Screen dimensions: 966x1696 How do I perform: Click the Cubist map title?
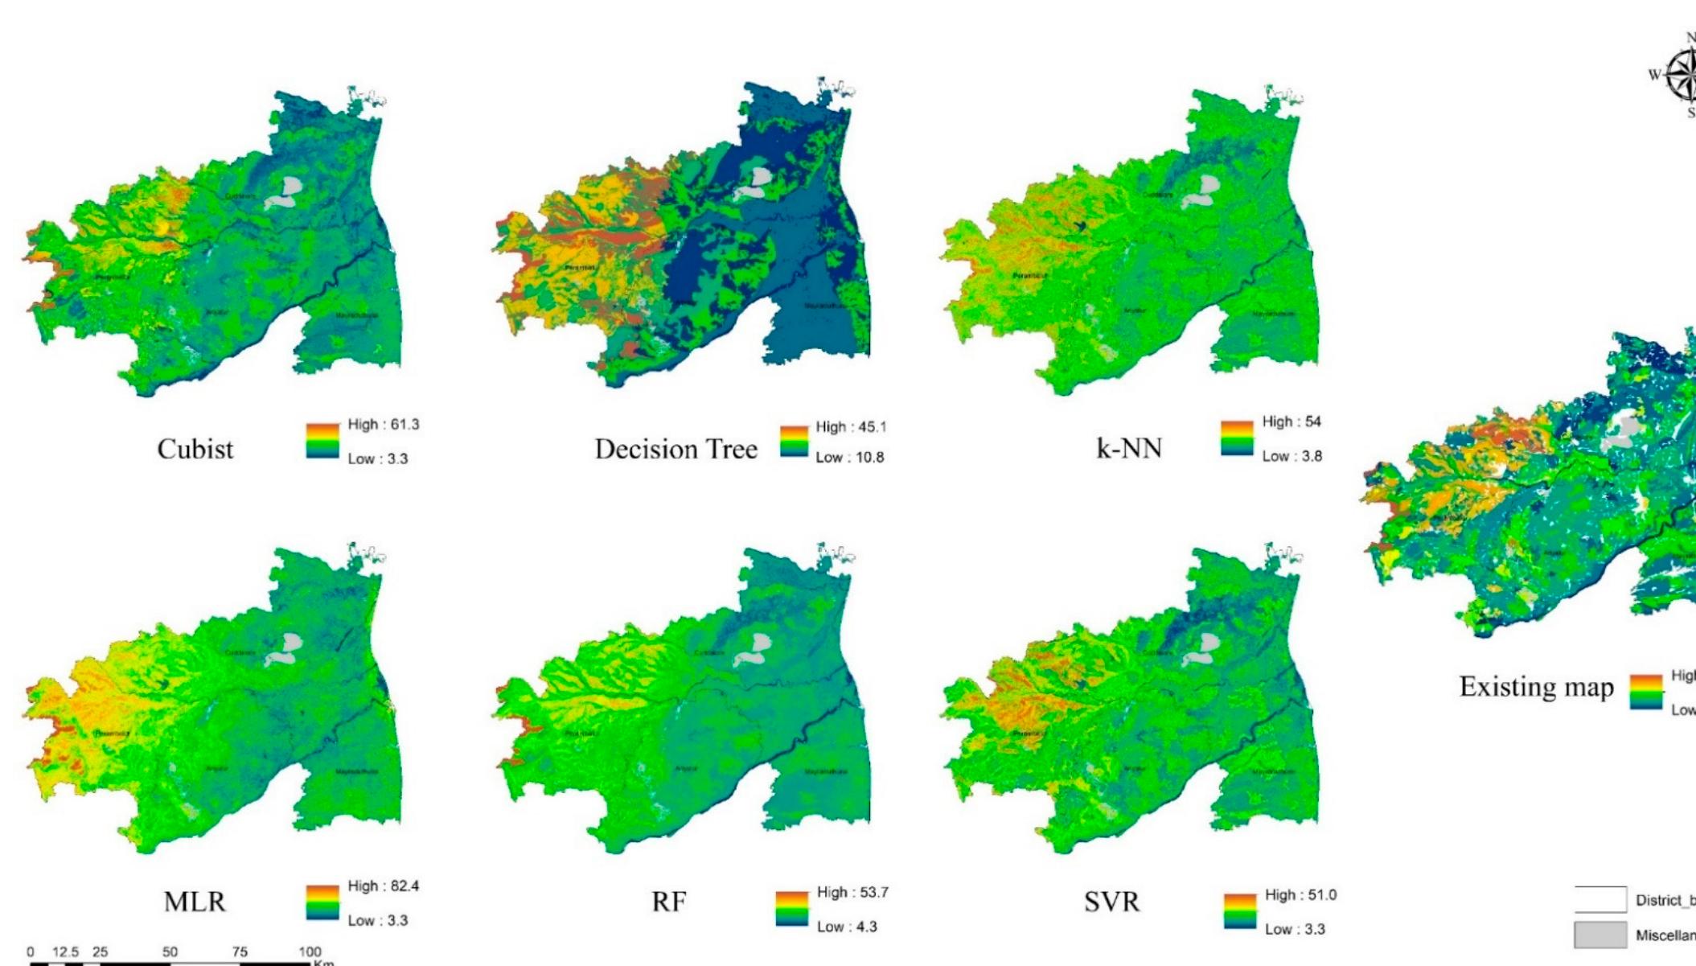coord(195,449)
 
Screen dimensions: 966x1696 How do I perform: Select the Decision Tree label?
coord(676,449)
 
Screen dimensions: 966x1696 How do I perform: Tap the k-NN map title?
coord(1129,448)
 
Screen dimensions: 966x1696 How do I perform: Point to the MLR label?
coord(195,902)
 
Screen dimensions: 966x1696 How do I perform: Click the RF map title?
coord(669,902)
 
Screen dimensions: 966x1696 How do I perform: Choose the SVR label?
coord(1111,902)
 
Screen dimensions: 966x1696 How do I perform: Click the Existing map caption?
coord(1536,687)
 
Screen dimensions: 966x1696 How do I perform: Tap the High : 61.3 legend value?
coord(383,425)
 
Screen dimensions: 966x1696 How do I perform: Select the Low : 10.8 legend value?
coord(849,458)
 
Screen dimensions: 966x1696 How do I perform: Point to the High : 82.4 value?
coord(383,886)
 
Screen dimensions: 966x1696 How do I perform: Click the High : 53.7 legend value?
coord(852,893)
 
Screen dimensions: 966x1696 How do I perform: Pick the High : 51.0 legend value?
coord(1300,895)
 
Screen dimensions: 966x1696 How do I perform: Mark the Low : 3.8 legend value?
coord(1292,457)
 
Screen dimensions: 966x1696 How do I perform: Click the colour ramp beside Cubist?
coord(322,441)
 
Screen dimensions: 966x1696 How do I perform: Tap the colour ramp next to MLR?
coord(322,902)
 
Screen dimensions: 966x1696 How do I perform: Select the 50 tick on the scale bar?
coord(170,952)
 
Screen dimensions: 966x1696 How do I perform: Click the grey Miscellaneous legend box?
coord(1599,935)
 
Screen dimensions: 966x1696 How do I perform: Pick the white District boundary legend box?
coord(1599,899)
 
